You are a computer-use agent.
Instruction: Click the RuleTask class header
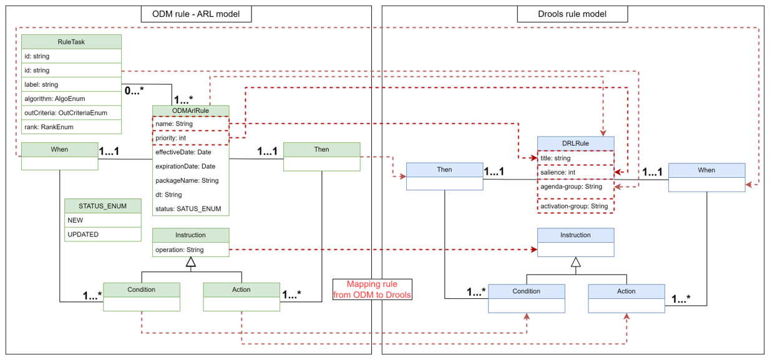[71, 42]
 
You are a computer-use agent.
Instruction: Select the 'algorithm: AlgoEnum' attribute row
[71, 99]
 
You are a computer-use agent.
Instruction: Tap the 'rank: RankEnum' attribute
[71, 127]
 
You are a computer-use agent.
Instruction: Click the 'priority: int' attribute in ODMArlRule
[190, 138]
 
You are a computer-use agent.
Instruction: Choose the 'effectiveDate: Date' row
[190, 152]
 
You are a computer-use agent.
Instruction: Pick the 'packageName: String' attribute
[190, 180]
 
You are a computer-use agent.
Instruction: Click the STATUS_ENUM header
[103, 207]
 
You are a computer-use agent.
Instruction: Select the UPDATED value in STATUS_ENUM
[103, 235]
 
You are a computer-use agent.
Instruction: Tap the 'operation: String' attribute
[190, 250]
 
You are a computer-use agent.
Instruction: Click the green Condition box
[141, 296]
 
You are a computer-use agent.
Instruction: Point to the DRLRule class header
[575, 144]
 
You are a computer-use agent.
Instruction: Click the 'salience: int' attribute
[575, 172]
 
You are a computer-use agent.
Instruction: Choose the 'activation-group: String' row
[575, 206]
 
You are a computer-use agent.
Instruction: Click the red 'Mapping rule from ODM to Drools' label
[372, 289]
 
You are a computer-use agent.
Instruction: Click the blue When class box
[706, 177]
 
